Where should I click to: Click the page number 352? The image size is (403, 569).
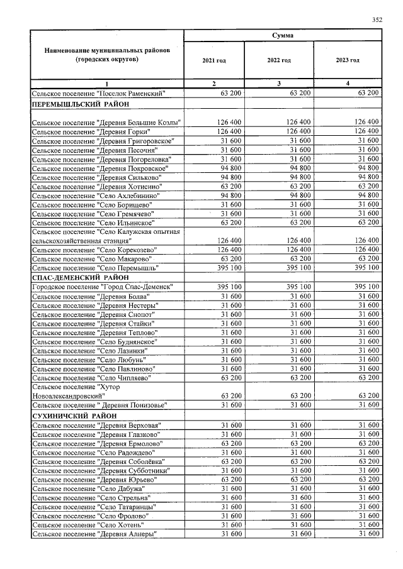377,19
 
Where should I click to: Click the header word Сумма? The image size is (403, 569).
282,35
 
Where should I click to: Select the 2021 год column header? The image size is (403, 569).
213,60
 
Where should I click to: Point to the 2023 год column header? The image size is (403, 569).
348,60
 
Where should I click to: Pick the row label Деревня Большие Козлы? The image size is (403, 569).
106,122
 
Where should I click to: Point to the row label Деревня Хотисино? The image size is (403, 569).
97,187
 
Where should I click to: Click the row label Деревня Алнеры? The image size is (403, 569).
95,534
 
